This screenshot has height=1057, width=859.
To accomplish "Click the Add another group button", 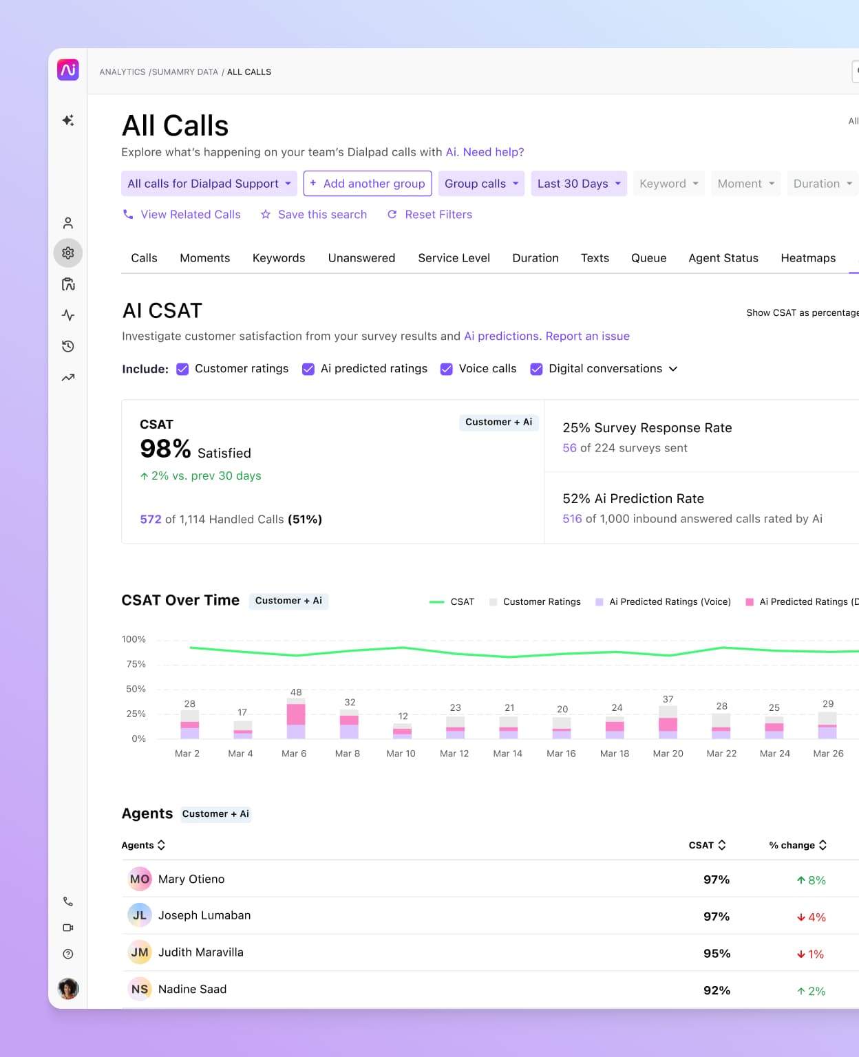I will [368, 184].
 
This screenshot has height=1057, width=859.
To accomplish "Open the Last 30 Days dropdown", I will [578, 184].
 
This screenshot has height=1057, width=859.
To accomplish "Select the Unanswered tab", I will [361, 258].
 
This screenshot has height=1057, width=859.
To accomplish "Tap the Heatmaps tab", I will [808, 258].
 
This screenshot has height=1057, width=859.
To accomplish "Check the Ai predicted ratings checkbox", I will [308, 369].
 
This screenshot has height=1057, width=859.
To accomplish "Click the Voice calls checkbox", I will [447, 369].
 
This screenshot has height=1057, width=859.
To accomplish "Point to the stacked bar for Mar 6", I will [296, 718].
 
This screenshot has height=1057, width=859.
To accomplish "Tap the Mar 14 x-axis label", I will [508, 754].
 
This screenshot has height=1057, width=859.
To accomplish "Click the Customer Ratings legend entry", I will [541, 602].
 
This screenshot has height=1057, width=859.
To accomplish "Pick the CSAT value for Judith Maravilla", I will [717, 954].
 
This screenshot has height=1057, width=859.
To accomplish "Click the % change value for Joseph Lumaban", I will [812, 917].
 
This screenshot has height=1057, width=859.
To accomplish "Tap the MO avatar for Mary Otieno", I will [140, 879].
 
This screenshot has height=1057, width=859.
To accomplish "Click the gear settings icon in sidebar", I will [68, 253].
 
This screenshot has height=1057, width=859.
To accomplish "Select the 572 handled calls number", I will [151, 520].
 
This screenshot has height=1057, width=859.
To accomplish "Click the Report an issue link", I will [587, 337].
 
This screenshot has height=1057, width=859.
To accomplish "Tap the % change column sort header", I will [798, 845].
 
